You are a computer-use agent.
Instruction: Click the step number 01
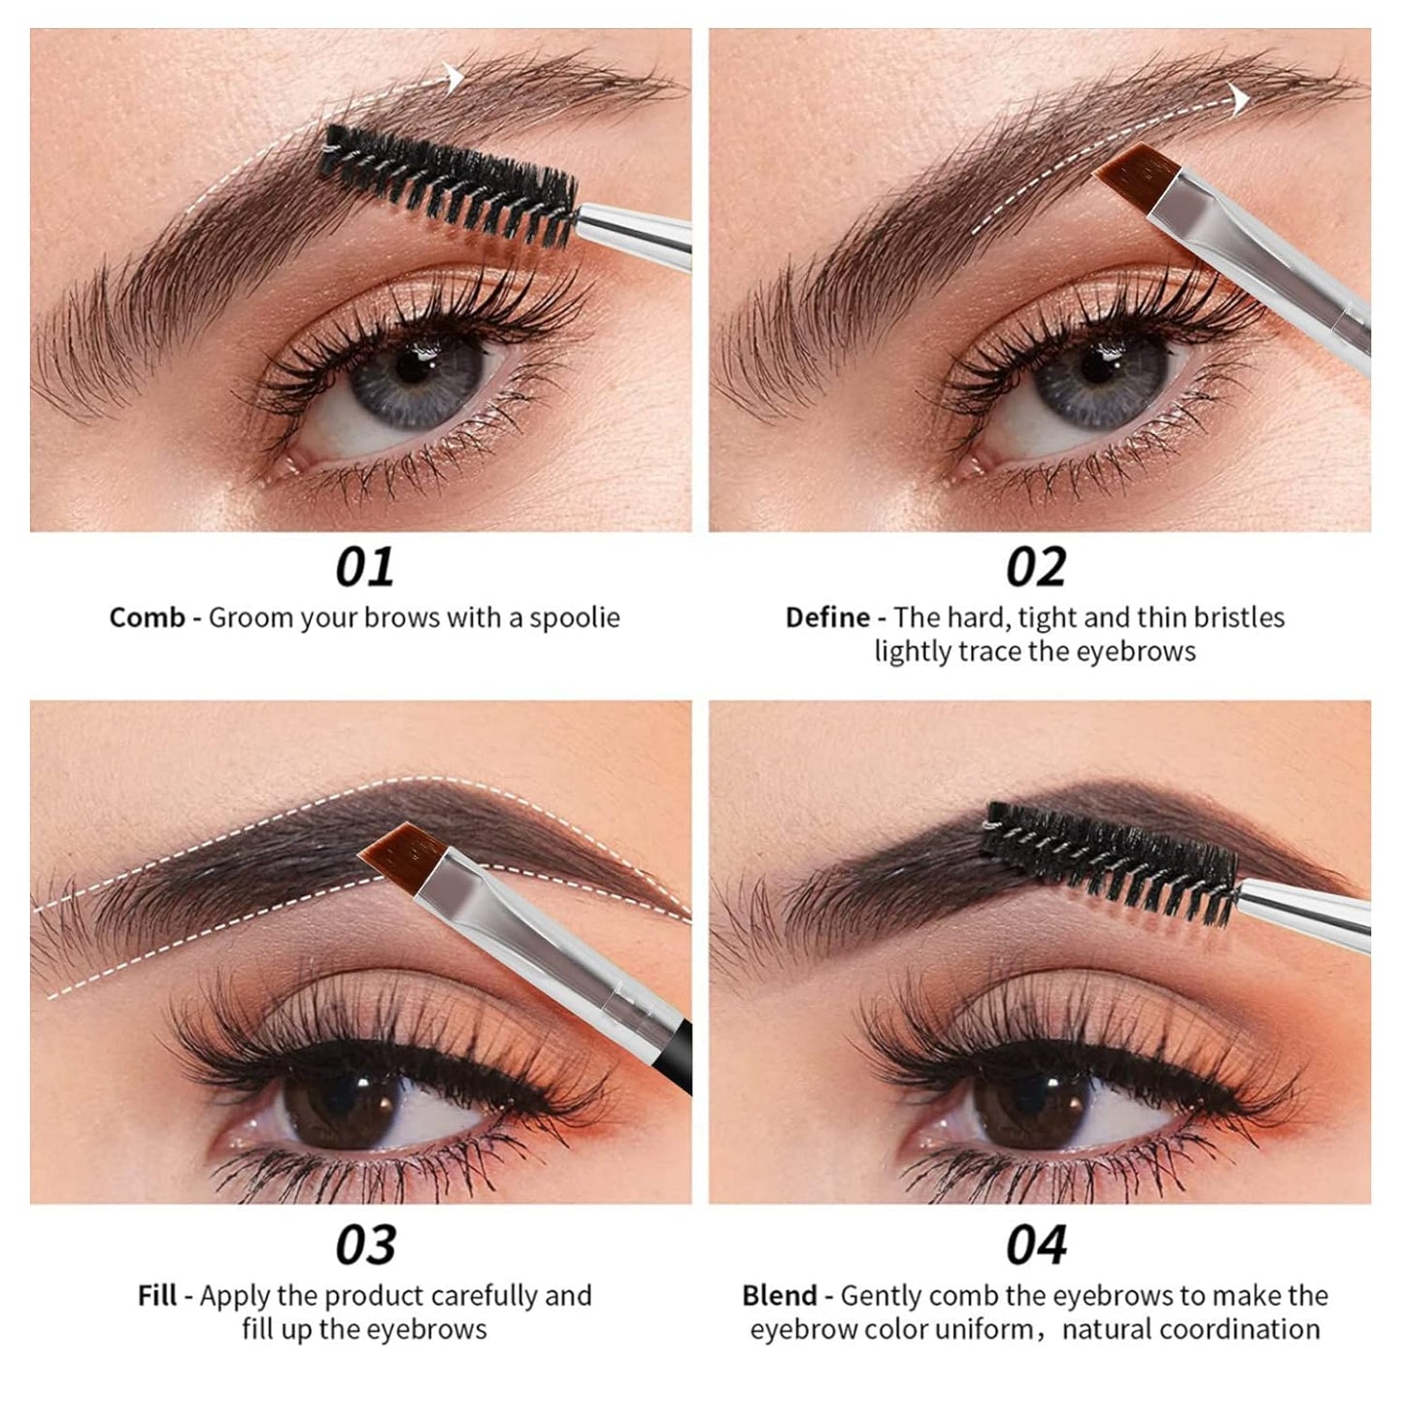click(x=364, y=567)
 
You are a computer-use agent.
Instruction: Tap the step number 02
click(x=1036, y=567)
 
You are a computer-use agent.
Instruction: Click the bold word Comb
click(x=147, y=618)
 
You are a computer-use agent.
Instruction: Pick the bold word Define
click(x=827, y=618)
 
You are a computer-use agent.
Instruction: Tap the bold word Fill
click(x=157, y=1296)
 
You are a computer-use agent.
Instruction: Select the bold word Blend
click(x=779, y=1296)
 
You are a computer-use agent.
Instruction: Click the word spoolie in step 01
click(x=575, y=618)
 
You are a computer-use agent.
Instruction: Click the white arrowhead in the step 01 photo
click(x=454, y=78)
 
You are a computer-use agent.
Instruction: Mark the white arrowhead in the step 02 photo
click(x=1239, y=100)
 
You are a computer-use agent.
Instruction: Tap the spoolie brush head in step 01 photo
click(x=447, y=184)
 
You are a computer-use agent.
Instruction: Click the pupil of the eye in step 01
click(x=415, y=366)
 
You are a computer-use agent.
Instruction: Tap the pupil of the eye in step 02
click(x=1097, y=366)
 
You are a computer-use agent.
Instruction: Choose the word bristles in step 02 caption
click(x=1239, y=618)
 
